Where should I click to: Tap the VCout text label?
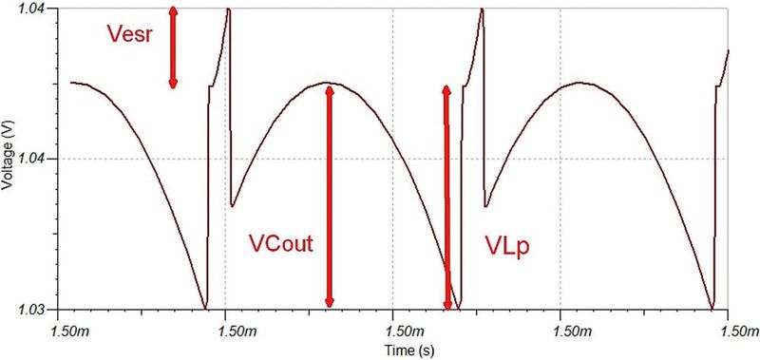click(281, 243)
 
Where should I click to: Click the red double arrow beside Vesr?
click(173, 47)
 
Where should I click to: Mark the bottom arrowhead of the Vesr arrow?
click(173, 84)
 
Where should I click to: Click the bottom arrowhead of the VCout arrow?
click(330, 301)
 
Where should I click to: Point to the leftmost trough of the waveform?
click(205, 308)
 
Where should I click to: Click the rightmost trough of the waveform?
click(712, 308)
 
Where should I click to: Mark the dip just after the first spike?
click(233, 205)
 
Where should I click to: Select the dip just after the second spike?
click(486, 205)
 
